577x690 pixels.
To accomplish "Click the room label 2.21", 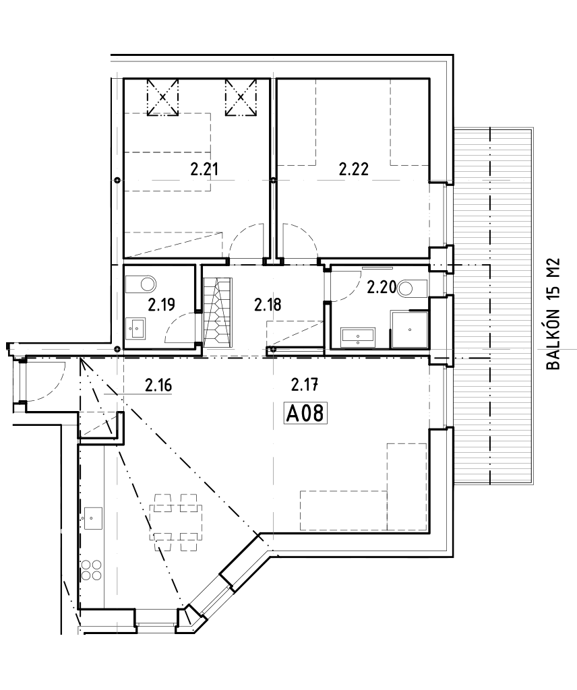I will coord(205,170).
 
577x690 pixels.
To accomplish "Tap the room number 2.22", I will coord(353,170).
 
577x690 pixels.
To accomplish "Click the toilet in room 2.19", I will coord(143,282).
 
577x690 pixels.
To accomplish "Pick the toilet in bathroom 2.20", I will coord(408,288).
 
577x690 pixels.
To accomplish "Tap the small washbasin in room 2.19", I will coord(137,329).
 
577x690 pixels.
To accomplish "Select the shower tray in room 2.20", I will coord(409,330).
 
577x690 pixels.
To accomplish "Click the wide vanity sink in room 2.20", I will coord(359,335).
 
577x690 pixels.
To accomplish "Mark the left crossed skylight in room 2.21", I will coord(162,97).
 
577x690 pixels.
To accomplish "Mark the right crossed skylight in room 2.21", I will coord(241,97).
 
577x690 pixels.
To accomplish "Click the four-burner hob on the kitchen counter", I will coord(92,570).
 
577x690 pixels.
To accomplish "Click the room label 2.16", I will coord(159,385).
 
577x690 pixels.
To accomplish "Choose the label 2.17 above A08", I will coord(304,385).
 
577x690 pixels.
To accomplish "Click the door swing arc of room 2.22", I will coord(299,239).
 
